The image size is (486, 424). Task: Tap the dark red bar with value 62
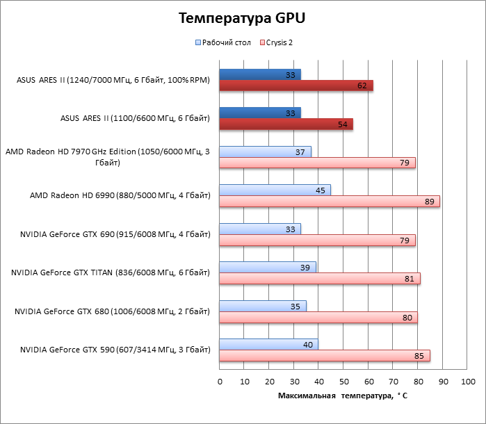[x=295, y=85]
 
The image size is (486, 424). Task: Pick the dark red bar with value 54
[x=286, y=124]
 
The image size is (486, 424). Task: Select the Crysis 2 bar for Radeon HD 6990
[x=329, y=202]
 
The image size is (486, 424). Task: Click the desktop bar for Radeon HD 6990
[x=275, y=190]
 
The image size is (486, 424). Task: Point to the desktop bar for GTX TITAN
[x=267, y=268]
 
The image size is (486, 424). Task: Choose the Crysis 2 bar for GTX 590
[x=324, y=356]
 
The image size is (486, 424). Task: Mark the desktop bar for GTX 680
[x=262, y=306]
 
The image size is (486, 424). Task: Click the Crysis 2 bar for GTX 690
[x=317, y=240]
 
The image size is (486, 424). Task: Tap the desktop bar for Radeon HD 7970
[x=265, y=152]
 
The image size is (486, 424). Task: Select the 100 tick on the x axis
[x=467, y=381]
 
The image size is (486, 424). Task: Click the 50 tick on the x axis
[x=343, y=381]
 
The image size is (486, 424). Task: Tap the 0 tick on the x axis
[x=220, y=381]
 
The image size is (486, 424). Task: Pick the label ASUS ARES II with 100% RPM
[x=113, y=80]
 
